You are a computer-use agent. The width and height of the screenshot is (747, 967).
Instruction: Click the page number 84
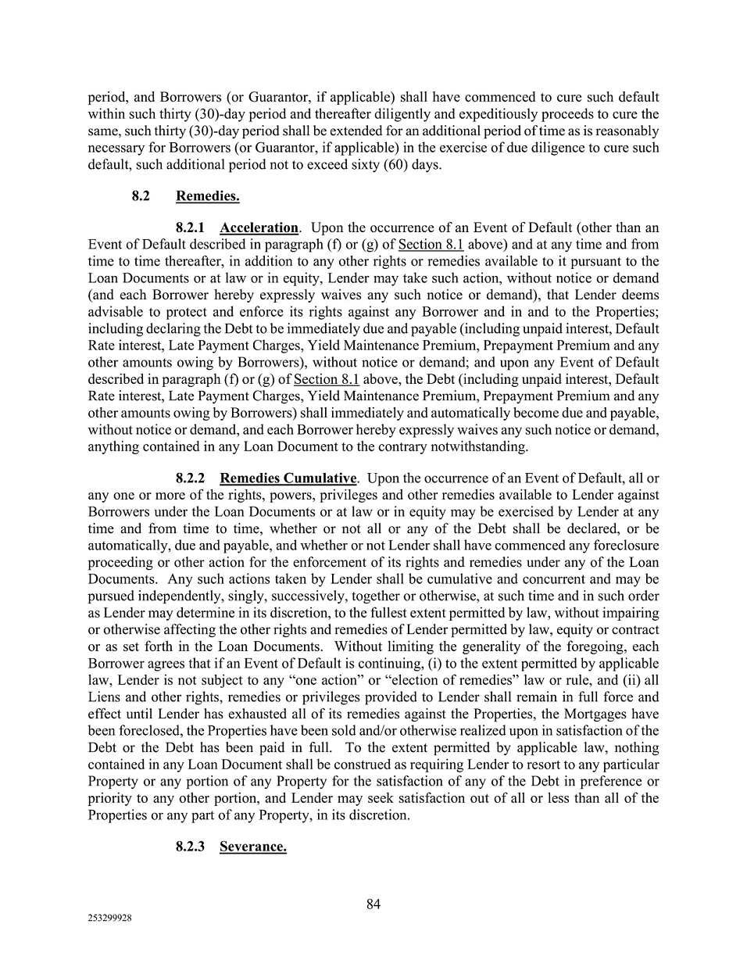[373, 904]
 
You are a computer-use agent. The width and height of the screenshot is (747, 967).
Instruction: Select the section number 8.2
[141, 196]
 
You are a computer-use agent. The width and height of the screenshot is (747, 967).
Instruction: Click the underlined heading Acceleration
[259, 227]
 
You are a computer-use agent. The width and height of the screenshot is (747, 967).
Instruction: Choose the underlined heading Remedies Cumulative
[288, 478]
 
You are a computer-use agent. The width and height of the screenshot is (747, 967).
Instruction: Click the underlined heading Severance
[252, 847]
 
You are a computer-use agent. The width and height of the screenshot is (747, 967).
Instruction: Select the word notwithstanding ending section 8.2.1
[482, 446]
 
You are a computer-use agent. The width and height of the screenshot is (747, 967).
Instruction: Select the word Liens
[105, 697]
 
